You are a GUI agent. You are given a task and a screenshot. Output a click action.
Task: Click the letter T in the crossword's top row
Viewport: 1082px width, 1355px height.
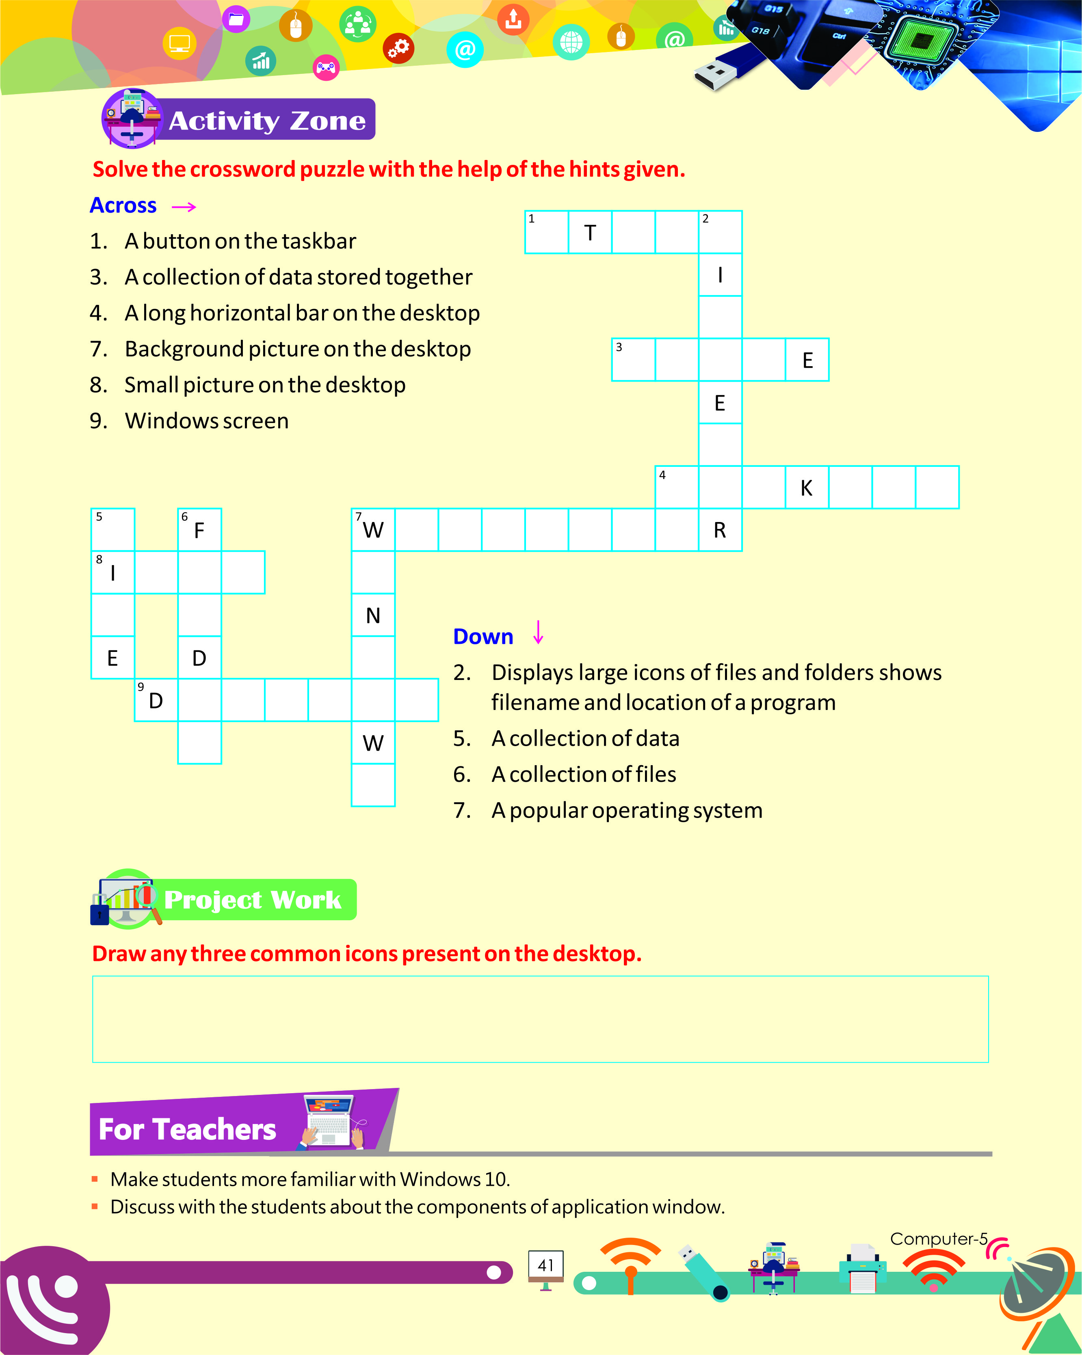590,233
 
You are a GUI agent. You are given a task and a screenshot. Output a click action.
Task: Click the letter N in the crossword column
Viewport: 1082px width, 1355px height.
373,616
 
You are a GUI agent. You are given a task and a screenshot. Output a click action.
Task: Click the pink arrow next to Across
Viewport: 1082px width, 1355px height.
184,207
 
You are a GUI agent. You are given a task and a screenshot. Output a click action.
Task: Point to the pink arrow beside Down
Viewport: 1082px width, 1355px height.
538,632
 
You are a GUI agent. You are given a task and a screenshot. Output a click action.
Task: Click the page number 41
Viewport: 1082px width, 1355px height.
546,1265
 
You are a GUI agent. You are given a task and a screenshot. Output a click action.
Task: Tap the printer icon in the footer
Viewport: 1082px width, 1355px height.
863,1268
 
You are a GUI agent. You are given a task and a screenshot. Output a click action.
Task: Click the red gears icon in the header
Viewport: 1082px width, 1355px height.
398,48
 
